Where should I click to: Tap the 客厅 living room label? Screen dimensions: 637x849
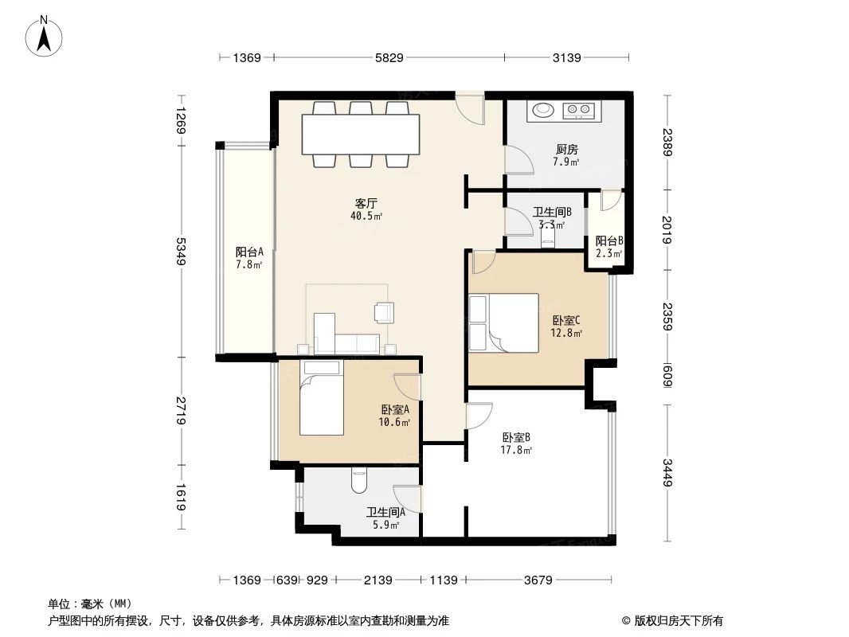(x=366, y=203)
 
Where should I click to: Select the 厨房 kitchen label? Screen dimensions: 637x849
(x=566, y=149)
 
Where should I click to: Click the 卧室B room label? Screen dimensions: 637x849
(x=516, y=437)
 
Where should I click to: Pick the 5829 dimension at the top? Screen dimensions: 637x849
(x=389, y=57)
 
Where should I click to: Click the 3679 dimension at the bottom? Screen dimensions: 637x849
(x=538, y=580)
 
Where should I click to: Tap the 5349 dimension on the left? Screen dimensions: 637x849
(x=182, y=252)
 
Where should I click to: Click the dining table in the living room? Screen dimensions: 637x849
(x=360, y=135)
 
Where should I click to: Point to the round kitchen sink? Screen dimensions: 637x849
(x=544, y=109)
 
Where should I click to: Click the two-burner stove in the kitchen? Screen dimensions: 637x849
(x=579, y=110)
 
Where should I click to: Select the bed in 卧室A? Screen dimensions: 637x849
(x=321, y=397)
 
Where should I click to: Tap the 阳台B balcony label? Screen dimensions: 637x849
(x=608, y=241)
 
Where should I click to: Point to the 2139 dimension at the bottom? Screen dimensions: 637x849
(x=378, y=580)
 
